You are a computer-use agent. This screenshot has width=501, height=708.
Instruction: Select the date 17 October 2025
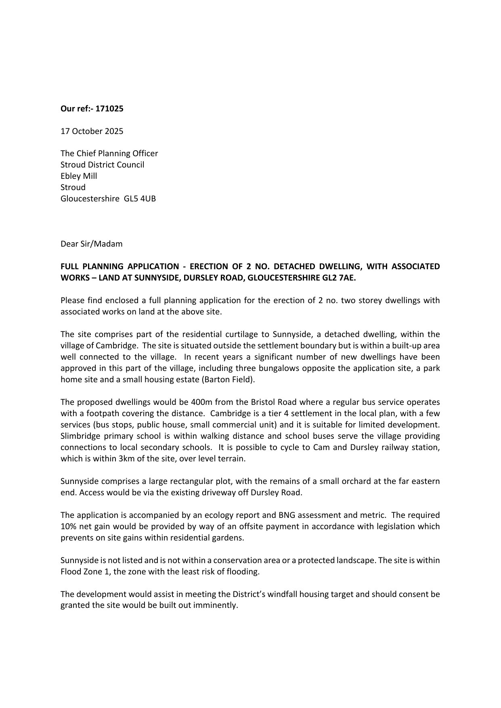92,131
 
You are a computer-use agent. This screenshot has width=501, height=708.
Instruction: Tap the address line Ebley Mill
79,176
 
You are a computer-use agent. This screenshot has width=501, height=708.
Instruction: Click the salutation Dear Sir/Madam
91,244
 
